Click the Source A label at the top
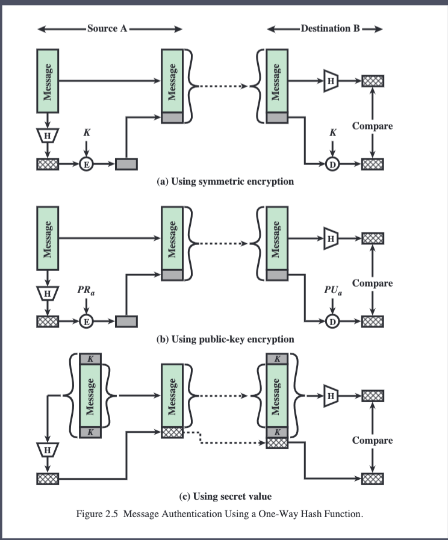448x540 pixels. point(107,28)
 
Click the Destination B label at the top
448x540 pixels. point(330,28)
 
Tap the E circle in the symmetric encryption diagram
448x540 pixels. point(87,164)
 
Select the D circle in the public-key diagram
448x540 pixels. point(332,321)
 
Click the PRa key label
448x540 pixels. point(86,290)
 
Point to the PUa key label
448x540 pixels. point(333,290)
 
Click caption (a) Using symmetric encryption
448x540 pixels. point(225,181)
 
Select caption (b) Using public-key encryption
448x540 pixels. point(225,339)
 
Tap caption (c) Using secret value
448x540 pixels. point(225,496)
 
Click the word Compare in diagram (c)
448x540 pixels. point(372,441)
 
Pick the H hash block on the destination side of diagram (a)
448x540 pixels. point(331,81)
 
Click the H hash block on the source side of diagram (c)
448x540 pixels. point(48,450)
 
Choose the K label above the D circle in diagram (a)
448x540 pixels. point(333,132)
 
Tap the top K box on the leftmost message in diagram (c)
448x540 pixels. point(90,359)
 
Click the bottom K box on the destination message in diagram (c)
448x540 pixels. point(277,432)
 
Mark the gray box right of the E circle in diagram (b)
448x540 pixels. point(126,321)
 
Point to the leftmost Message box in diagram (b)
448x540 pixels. point(48,238)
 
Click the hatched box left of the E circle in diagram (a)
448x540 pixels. point(48,164)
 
